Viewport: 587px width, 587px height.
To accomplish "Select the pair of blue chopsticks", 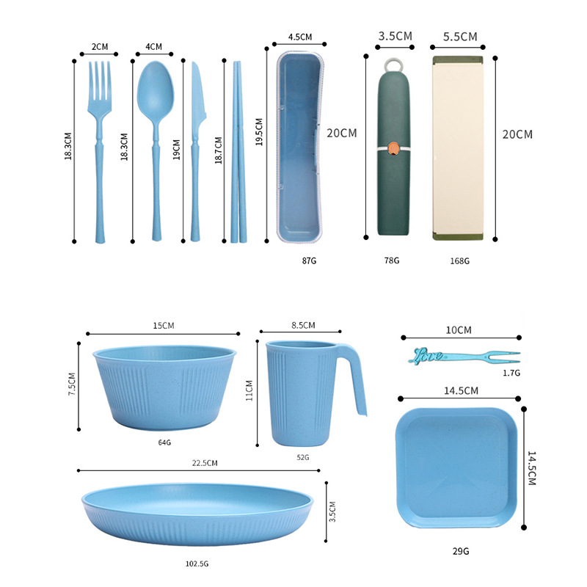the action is (x=238, y=152).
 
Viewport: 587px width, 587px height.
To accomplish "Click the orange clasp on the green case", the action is (x=393, y=148).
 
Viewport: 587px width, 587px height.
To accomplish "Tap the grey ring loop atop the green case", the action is (x=393, y=65).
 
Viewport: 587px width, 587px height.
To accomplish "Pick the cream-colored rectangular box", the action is (x=458, y=148).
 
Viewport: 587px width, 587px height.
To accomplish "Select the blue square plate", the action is (x=456, y=467).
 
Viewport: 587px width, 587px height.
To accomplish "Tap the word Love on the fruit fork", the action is (x=426, y=356).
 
